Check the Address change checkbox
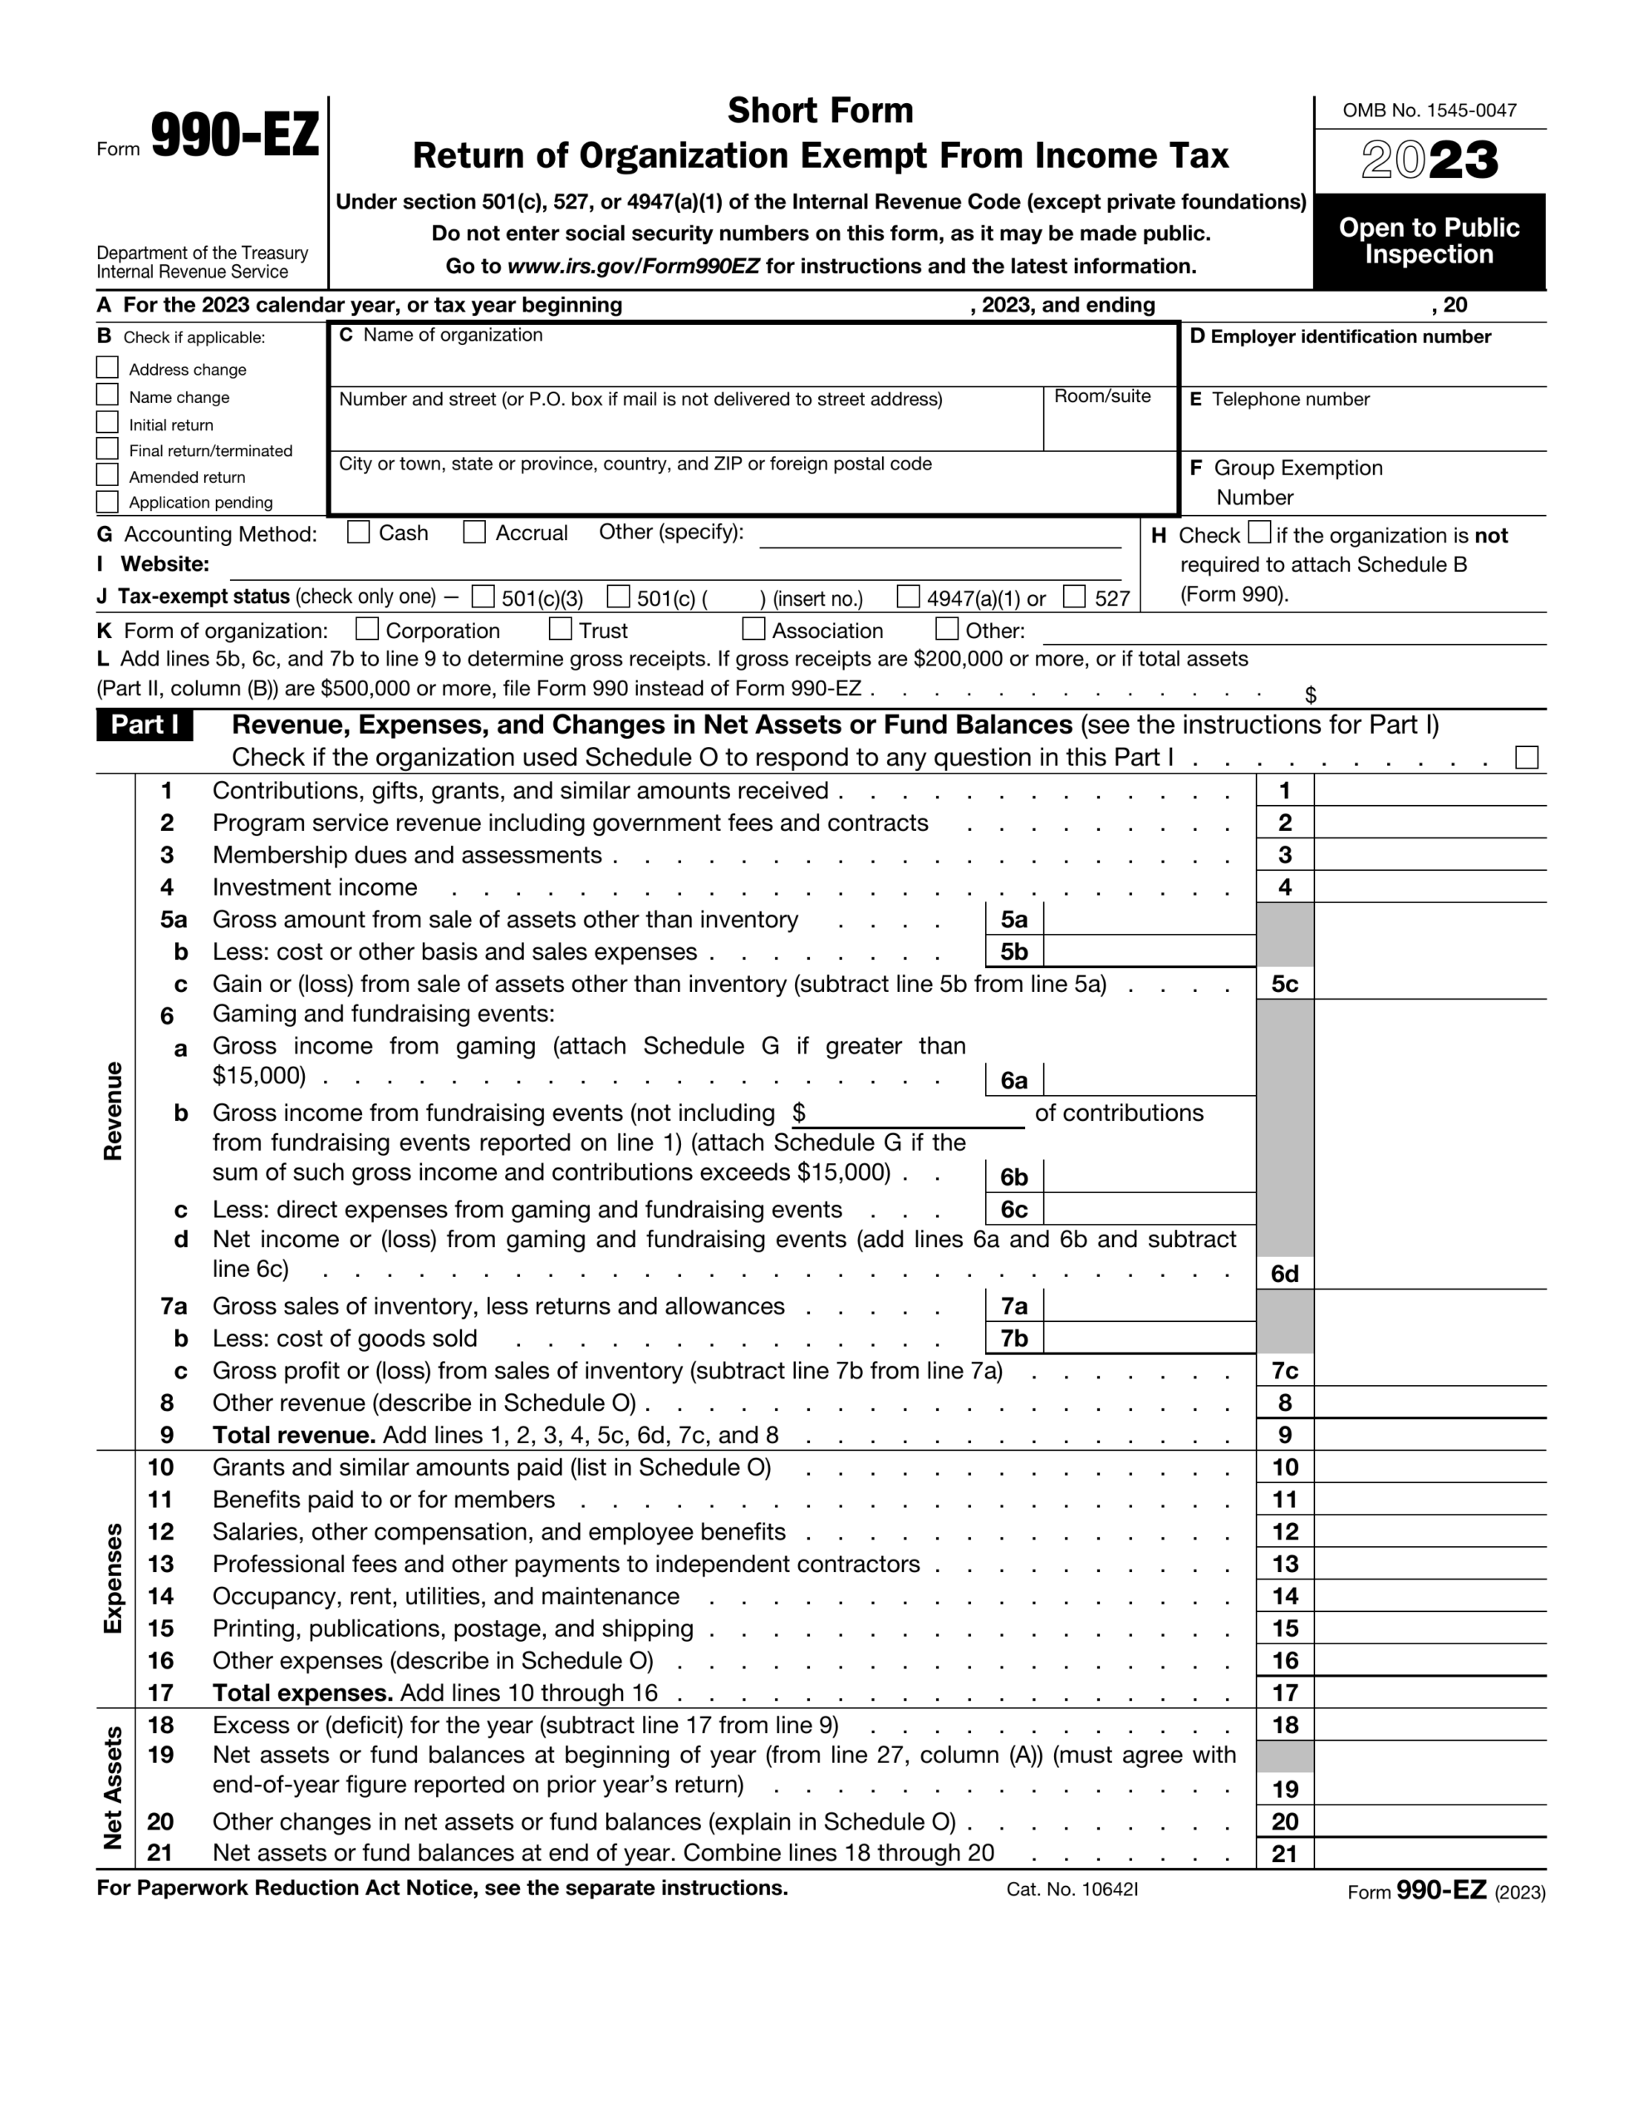(x=108, y=367)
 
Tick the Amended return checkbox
(x=108, y=475)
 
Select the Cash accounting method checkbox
(x=358, y=532)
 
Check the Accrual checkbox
(x=474, y=532)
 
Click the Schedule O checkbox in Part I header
(x=1526, y=757)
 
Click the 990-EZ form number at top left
(x=233, y=136)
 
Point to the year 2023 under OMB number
(x=1429, y=160)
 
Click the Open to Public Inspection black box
(x=1429, y=241)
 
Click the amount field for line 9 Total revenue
(x=1429, y=1435)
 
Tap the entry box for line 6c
(x=1148, y=1209)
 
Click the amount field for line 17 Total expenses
(x=1429, y=1692)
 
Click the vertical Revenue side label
(x=113, y=1110)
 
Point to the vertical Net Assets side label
(x=113, y=1787)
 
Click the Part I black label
(x=145, y=725)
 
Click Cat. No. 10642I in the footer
(x=1072, y=1889)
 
